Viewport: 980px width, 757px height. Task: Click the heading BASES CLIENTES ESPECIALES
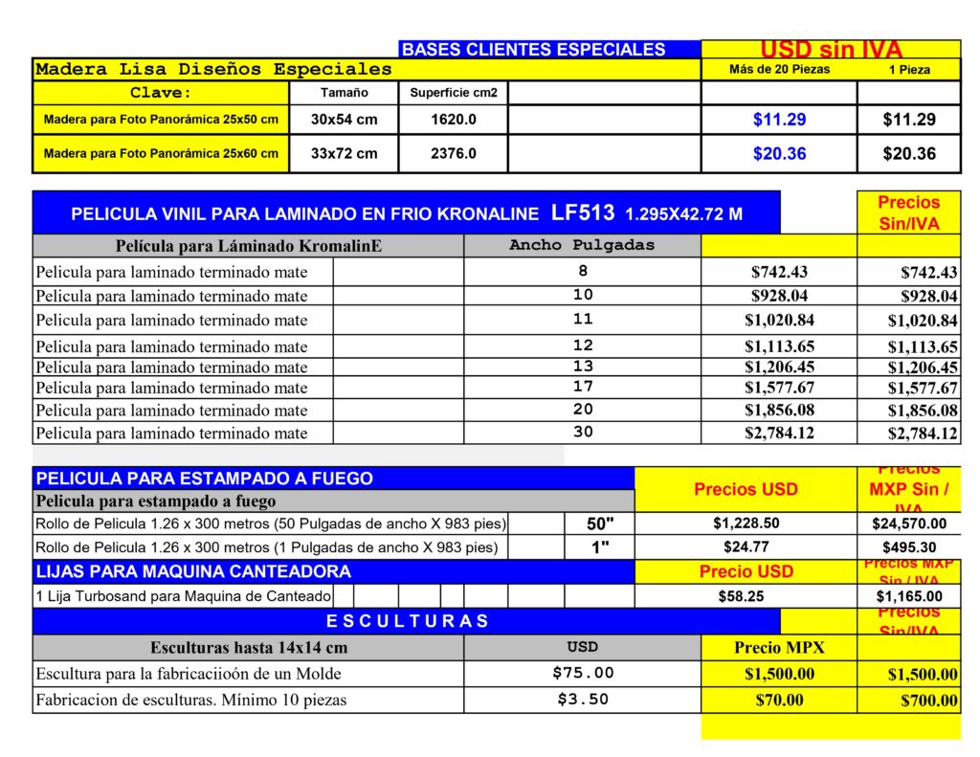533,50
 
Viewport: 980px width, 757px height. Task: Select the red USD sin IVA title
831,50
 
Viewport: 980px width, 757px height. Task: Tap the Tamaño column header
344,93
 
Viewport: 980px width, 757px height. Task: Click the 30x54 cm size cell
344,120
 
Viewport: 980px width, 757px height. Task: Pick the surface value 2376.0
453,153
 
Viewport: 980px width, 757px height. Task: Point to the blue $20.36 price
779,153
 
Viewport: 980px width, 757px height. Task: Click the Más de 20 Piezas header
779,69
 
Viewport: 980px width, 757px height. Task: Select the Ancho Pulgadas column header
582,245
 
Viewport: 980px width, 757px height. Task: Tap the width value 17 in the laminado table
583,387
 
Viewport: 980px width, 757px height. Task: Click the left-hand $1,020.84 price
779,320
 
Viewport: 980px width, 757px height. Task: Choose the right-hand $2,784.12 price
923,434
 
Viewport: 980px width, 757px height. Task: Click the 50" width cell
599,523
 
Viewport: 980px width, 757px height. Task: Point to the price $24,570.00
909,523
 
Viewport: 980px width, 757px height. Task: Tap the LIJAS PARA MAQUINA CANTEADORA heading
193,571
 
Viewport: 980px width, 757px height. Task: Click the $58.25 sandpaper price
741,596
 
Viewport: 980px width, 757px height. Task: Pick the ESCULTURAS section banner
407,621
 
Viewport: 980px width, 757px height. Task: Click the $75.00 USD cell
582,673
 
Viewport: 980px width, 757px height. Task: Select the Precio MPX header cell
779,647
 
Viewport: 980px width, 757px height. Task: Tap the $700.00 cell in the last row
928,701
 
